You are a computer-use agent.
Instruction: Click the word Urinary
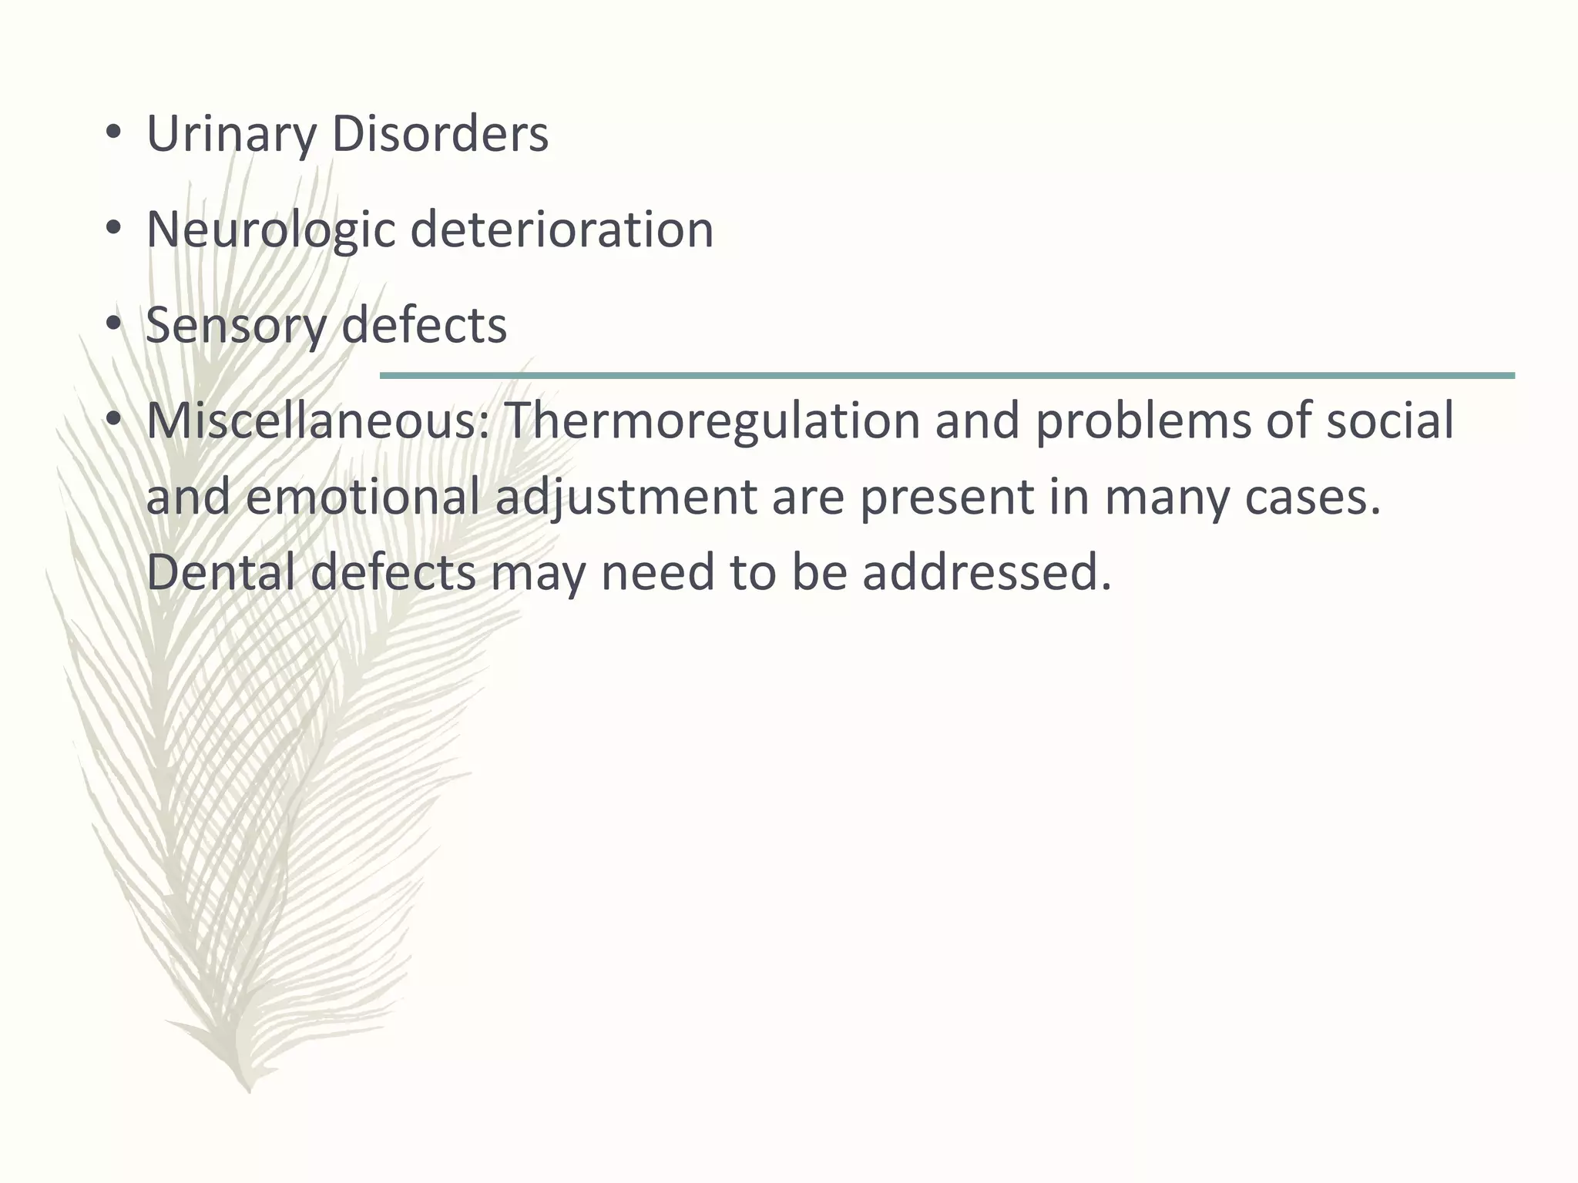coord(230,134)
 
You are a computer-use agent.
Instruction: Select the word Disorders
coord(440,134)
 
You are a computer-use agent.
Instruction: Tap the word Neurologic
coord(270,230)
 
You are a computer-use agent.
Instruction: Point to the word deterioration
coord(562,230)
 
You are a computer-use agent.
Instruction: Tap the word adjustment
coord(626,497)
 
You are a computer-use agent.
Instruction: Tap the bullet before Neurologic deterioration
coord(114,230)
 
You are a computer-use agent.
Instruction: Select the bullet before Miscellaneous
coord(114,421)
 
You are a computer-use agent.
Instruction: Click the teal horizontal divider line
coord(947,375)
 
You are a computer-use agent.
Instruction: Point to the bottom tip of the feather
coord(249,1089)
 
